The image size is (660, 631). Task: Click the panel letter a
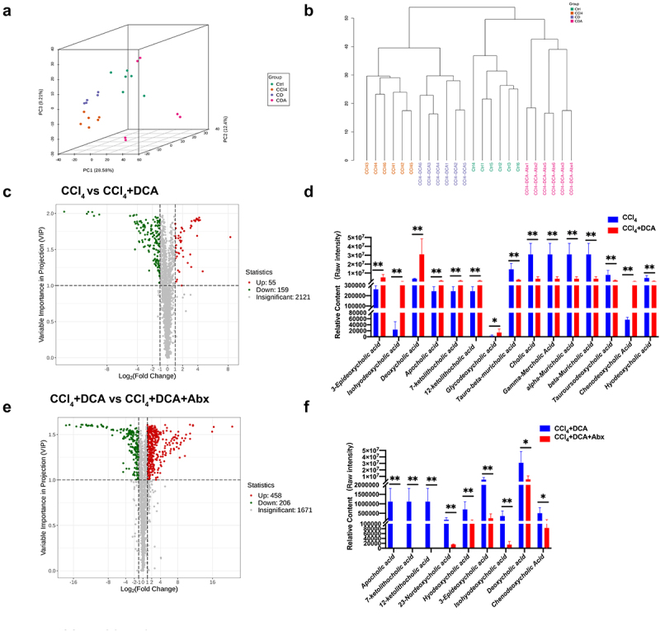click(x=7, y=10)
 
